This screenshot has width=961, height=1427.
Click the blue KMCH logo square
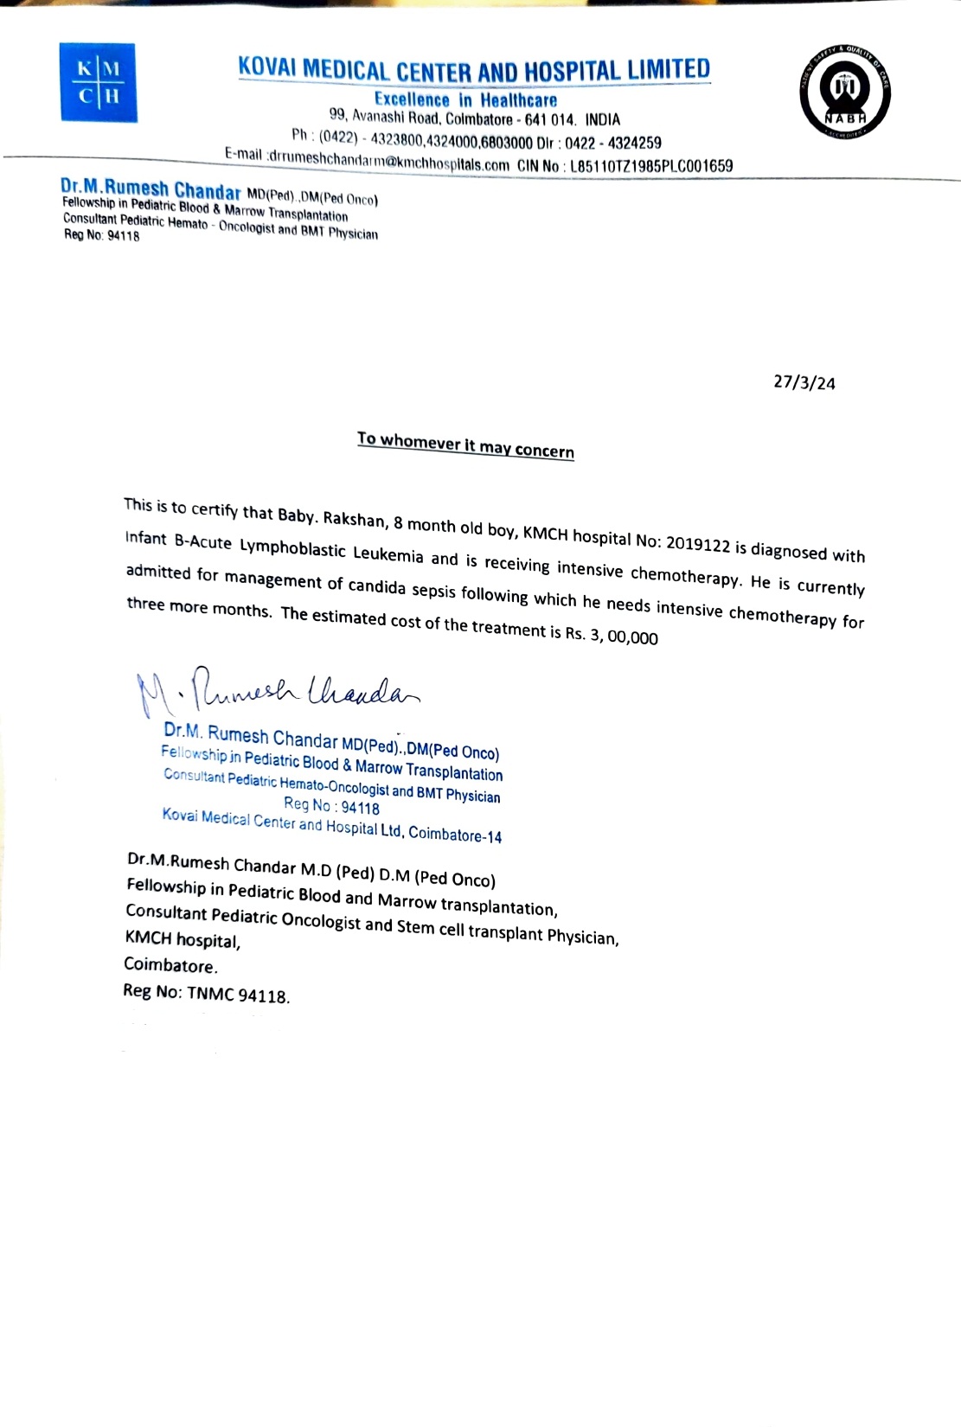tap(99, 83)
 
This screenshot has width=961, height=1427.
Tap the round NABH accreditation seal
tap(843, 93)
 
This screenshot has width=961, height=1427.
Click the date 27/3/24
tap(804, 382)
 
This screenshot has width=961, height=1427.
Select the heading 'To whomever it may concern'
tap(465, 445)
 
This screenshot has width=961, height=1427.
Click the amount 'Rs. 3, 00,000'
tap(612, 637)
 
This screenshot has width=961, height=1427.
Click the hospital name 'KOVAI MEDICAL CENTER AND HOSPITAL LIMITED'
tap(474, 70)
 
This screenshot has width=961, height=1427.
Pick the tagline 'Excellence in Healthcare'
tap(465, 100)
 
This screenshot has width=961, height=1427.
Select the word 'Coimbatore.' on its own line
tap(170, 965)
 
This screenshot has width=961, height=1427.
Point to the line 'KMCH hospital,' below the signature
tap(183, 939)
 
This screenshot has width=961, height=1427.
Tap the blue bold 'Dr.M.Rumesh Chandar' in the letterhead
tap(151, 189)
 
